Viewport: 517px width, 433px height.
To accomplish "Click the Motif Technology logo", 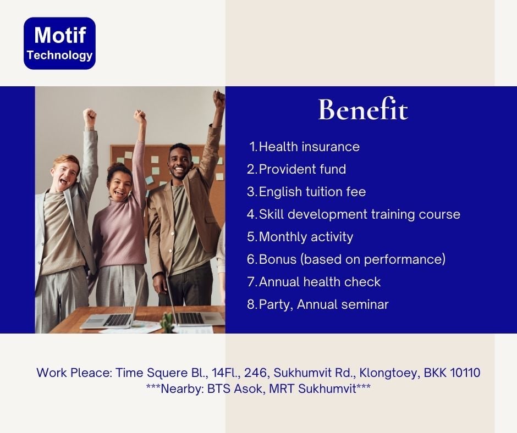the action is tap(60, 43).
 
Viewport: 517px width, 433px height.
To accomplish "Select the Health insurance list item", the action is tap(304, 147).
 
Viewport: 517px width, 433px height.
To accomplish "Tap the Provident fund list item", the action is tap(296, 169).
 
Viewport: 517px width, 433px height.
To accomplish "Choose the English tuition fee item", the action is tap(306, 192).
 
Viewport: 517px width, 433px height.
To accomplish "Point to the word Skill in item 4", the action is tap(271, 214).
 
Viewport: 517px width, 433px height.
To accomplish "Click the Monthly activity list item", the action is tap(300, 237).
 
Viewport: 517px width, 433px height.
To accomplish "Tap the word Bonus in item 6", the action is tap(278, 259).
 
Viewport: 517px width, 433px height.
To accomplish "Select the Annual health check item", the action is tap(313, 282).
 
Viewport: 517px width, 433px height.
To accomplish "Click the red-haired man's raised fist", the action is tap(89, 116).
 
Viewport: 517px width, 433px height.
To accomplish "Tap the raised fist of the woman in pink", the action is tap(140, 116).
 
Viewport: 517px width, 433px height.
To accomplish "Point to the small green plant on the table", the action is tap(168, 321).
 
